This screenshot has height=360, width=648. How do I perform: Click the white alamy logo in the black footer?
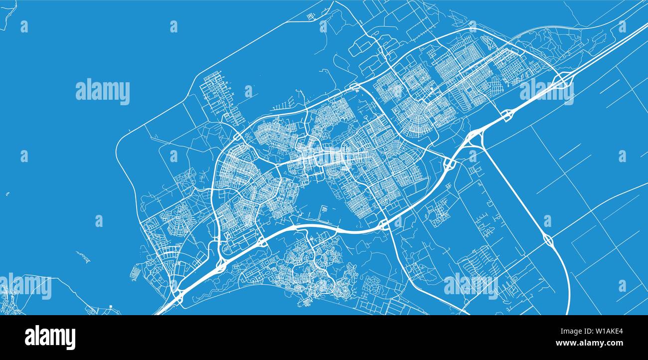pos(50,338)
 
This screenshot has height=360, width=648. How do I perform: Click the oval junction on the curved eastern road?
pos(548,241)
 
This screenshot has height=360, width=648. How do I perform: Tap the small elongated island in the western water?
pos(84,257)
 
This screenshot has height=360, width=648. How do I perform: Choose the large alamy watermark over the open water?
pos(103,92)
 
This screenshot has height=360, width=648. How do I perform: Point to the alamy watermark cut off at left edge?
pos(25,287)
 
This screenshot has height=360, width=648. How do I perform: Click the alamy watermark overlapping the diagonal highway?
pos(546,90)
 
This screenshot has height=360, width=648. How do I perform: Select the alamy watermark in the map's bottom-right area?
pos(471,285)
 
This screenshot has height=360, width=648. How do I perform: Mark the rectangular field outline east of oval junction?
pos(593,244)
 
